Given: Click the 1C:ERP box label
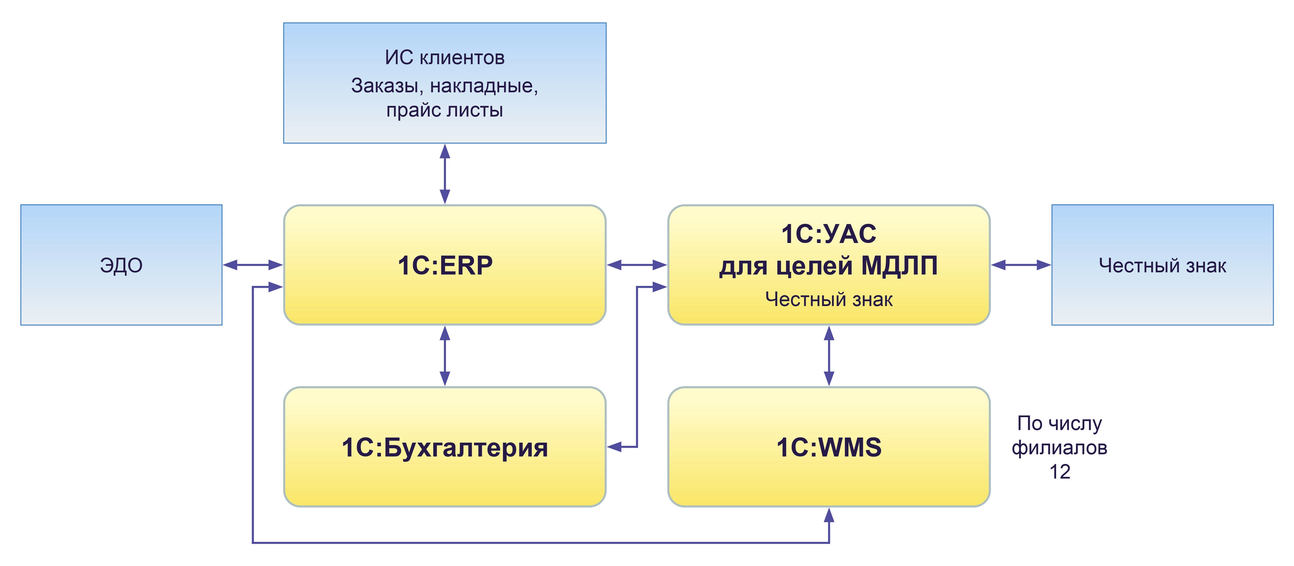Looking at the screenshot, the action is [x=445, y=265].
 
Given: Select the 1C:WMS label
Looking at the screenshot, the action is [x=829, y=447].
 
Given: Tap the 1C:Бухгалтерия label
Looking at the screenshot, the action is [x=445, y=447].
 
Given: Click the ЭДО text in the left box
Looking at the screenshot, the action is [x=121, y=265].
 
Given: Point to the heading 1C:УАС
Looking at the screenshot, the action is [x=829, y=234].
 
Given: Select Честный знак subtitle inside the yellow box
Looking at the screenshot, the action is [x=829, y=299].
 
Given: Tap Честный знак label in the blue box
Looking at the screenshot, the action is [x=1162, y=265].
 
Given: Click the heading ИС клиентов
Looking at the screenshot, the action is [x=445, y=57].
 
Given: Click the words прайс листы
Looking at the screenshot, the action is [x=445, y=110].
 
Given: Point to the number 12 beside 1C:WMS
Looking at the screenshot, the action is [x=1060, y=471].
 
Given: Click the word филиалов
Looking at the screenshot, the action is [x=1060, y=447].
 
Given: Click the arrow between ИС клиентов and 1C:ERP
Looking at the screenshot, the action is [x=445, y=174].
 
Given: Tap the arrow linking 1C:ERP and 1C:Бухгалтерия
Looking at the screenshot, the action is [x=445, y=355].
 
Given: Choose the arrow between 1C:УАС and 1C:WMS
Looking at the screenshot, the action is [x=829, y=355].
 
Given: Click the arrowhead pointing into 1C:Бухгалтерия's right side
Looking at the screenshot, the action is [x=614, y=446].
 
